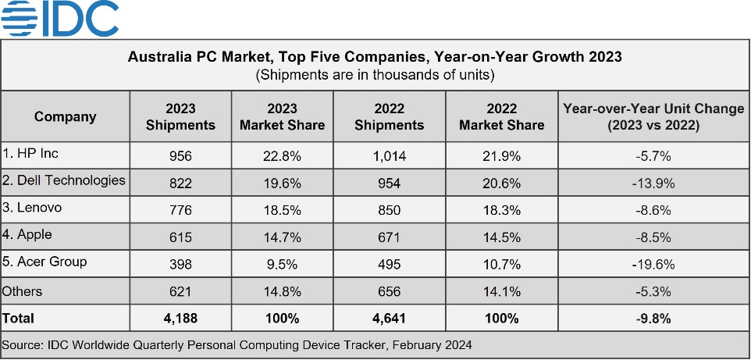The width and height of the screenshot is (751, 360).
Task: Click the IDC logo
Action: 59,18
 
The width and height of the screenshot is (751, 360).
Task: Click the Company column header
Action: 65,116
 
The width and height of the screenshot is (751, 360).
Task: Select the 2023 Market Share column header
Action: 282,116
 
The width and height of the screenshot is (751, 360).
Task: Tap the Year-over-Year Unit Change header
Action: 653,116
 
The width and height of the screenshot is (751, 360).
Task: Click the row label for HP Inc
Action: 30,153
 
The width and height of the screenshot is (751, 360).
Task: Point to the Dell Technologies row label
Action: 64,180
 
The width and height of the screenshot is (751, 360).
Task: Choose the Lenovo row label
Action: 32,208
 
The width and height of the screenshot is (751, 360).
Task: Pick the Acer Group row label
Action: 45,262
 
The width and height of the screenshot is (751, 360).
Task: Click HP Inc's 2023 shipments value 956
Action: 180,156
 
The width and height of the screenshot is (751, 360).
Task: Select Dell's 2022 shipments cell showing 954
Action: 390,184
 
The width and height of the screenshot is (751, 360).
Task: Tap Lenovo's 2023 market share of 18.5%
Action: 282,210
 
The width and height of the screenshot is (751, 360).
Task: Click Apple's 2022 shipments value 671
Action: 390,237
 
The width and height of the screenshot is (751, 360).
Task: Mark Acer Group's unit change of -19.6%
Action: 653,265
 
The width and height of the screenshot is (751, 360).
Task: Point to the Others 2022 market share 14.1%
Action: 502,291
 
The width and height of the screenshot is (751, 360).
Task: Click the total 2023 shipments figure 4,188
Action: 180,319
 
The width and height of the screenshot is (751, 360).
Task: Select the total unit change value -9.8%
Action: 653,319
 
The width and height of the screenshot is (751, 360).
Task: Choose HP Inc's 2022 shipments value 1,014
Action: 390,156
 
